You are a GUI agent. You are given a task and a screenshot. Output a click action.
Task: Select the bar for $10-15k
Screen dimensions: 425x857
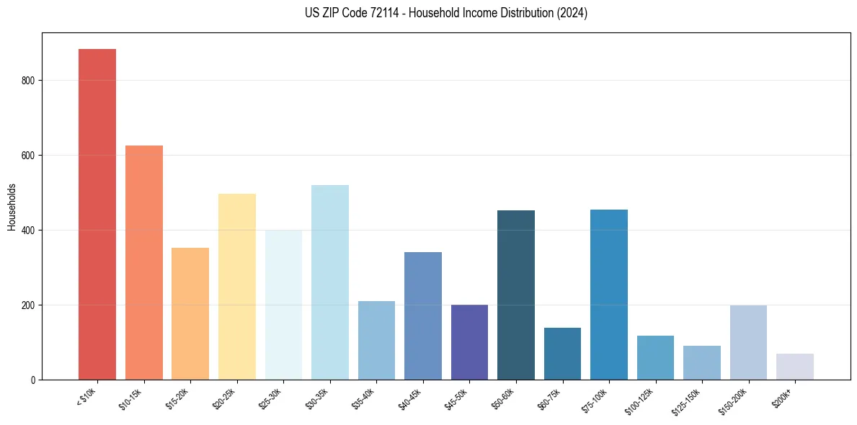[144, 263]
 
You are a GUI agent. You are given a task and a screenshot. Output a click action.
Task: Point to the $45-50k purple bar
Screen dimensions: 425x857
[469, 342]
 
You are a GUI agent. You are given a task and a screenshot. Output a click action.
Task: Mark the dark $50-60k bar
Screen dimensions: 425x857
[516, 295]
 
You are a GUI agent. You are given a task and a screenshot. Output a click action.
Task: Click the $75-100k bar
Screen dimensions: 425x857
[609, 295]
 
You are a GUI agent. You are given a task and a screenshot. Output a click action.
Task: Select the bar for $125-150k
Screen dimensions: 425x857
[702, 363]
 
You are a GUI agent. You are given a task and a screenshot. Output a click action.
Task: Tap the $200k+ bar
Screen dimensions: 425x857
[795, 367]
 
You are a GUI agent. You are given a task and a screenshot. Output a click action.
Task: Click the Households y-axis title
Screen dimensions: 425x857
[12, 207]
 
